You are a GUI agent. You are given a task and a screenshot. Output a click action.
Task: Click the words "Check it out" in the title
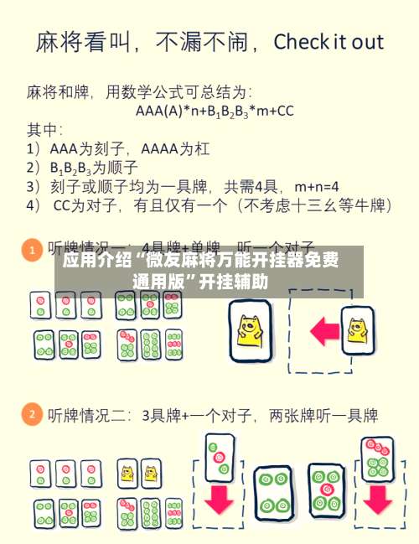(328, 42)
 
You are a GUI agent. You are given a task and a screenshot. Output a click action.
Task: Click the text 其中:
(44, 129)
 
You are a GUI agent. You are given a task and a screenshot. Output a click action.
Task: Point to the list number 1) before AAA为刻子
(34, 148)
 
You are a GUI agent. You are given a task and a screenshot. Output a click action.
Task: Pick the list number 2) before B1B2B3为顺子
(34, 166)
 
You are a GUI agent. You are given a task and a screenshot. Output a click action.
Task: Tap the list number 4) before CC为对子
(34, 204)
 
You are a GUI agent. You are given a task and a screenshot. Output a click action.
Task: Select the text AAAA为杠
(176, 148)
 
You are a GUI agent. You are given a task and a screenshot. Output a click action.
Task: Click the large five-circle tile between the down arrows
(325, 490)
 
